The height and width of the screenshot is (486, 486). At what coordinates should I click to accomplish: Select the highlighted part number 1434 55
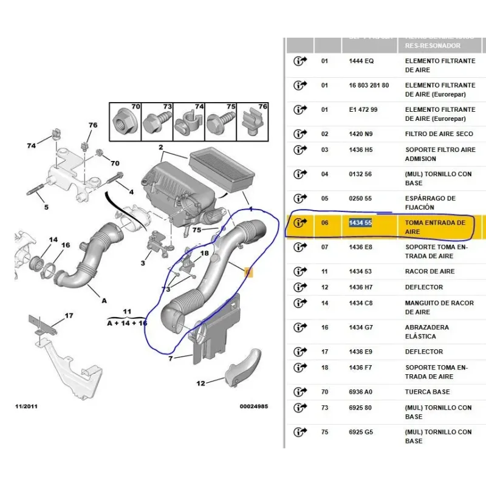[361, 223]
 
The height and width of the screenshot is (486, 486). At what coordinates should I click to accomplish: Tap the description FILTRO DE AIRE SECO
[439, 134]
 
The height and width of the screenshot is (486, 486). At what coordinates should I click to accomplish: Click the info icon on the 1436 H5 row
[300, 150]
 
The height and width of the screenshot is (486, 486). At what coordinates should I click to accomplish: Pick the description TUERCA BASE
[428, 392]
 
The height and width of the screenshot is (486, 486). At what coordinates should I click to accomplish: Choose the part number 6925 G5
[361, 432]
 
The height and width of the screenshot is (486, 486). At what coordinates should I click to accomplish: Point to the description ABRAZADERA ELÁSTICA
[428, 332]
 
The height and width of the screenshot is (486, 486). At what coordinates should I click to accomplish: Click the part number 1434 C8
[361, 303]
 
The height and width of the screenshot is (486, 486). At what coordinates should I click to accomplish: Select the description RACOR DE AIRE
[430, 272]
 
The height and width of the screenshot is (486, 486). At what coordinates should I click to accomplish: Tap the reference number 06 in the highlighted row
[324, 223]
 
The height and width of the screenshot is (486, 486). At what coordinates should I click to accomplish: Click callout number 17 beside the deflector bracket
[69, 315]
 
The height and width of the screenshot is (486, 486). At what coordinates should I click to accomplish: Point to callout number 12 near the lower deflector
[200, 383]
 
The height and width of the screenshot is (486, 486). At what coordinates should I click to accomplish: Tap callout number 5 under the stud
[46, 207]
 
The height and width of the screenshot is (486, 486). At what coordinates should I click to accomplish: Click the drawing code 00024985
[253, 406]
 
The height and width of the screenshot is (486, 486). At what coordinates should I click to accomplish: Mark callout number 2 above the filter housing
[161, 148]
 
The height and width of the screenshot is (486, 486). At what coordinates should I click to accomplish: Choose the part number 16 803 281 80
[369, 86]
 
